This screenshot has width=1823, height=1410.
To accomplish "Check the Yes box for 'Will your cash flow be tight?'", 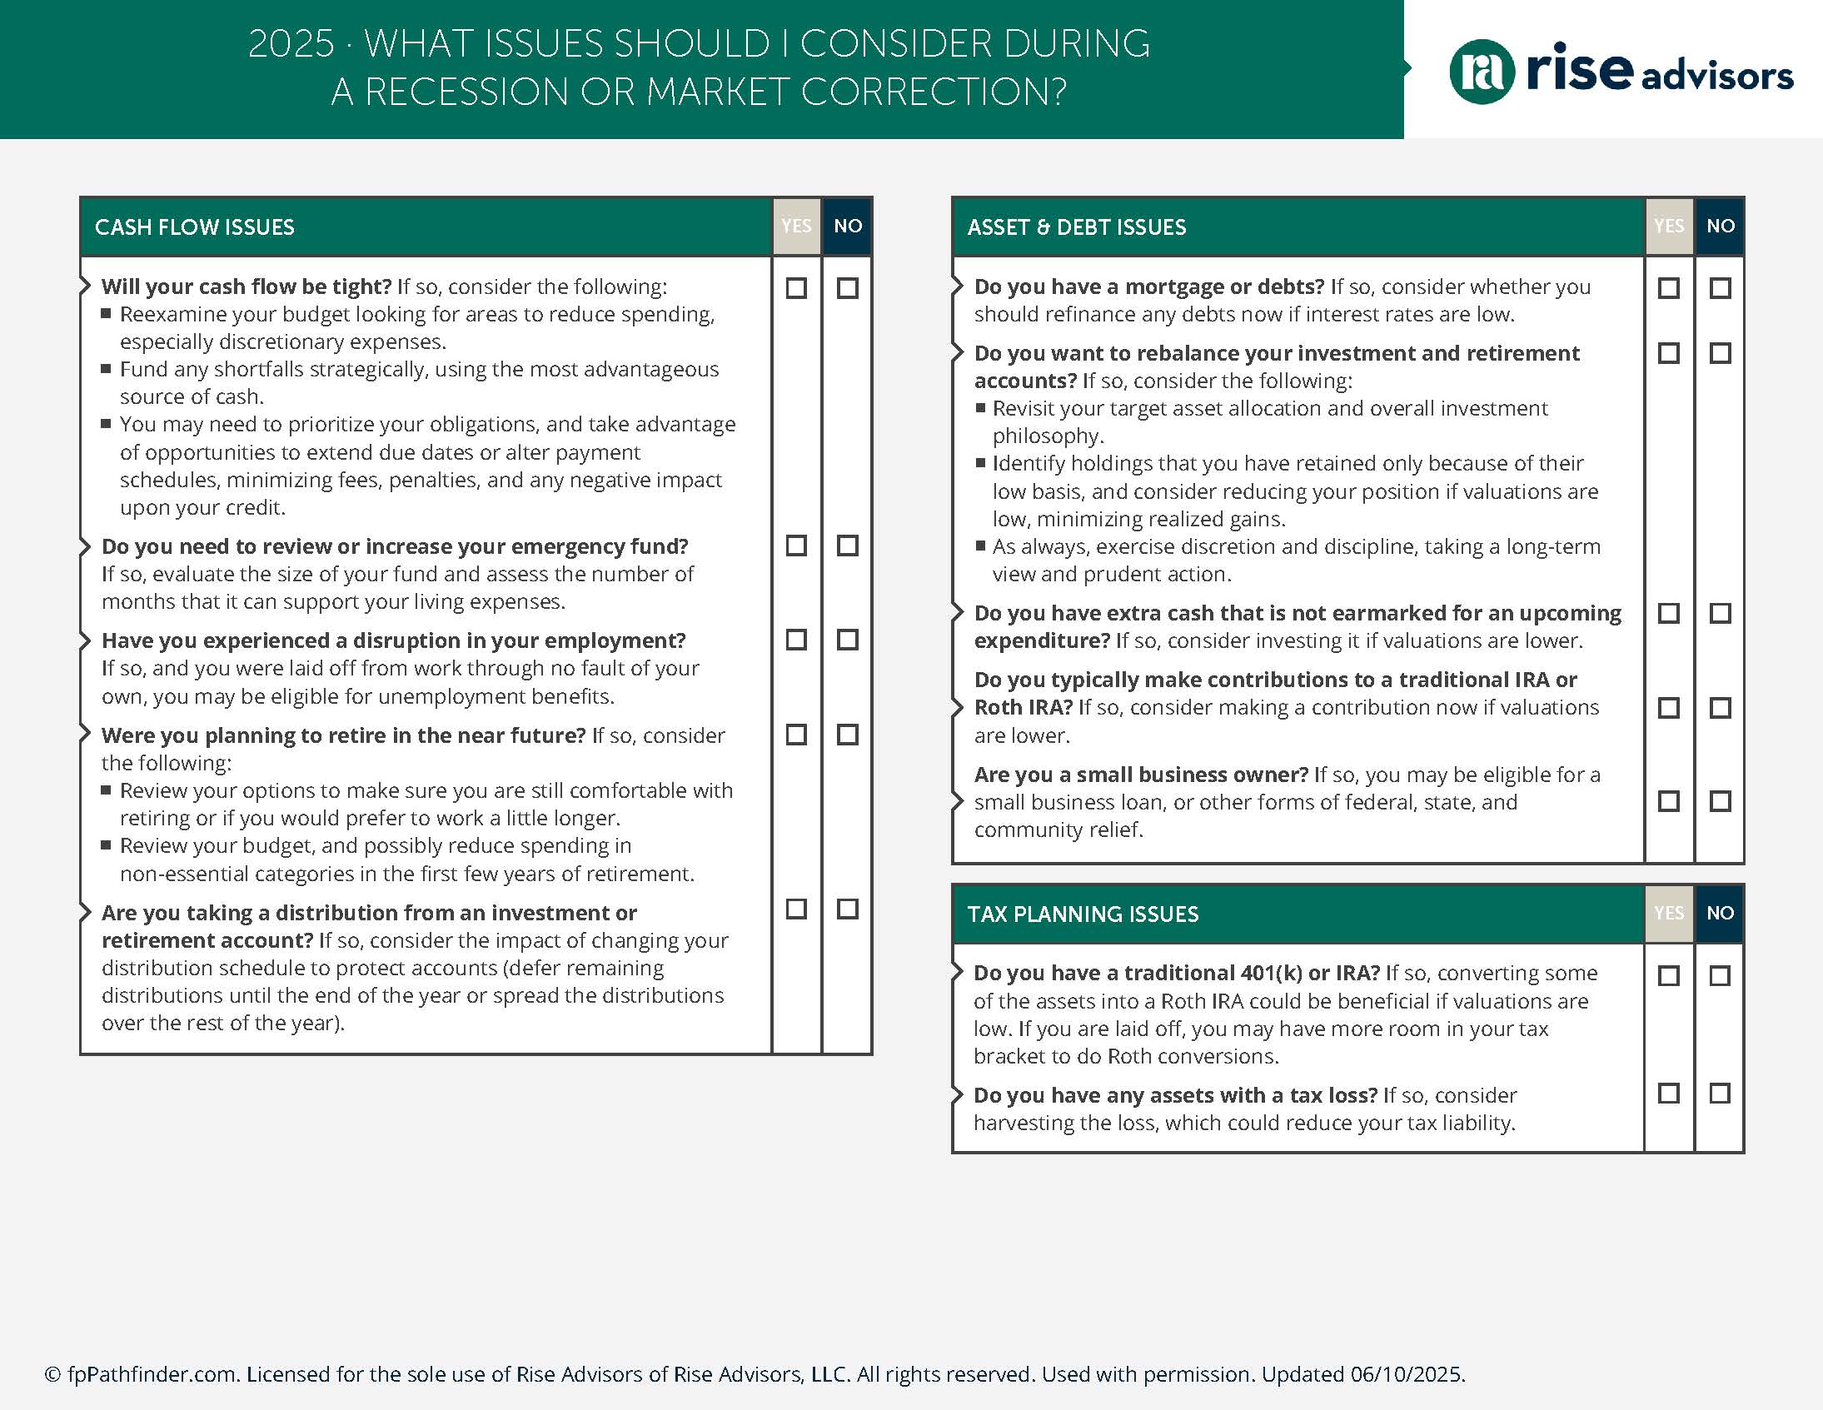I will coord(796,288).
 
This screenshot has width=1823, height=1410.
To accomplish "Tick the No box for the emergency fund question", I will coord(847,546).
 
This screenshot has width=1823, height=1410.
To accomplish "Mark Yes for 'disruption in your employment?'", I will coord(796,640).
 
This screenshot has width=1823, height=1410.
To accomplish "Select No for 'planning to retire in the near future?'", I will coord(847,735).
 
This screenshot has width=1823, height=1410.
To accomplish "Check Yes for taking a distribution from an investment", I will coord(796,909).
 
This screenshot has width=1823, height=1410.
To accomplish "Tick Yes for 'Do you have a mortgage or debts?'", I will coord(1669,288).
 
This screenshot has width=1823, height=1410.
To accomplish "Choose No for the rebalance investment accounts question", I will coord(1720,353).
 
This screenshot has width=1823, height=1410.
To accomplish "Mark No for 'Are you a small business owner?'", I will coord(1720,801).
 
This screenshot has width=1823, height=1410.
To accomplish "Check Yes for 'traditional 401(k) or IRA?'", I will coord(1669,975).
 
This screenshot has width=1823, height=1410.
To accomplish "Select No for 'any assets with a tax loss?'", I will coord(1720,1093).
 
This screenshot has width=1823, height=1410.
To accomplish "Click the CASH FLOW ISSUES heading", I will coord(195,227).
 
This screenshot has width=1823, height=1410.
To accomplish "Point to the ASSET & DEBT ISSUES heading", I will coord(1076,227).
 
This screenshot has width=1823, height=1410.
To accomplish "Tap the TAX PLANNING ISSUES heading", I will coord(1083,914).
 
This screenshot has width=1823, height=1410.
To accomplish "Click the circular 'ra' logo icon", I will coord(1482,72).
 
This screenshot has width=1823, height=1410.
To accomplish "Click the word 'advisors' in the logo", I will coord(1717,77).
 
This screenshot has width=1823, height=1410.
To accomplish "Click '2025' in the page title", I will coord(291,43).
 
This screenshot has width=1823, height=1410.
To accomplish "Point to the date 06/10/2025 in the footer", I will coord(1407,1374).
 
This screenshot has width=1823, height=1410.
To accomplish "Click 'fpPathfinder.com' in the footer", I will coord(152,1374).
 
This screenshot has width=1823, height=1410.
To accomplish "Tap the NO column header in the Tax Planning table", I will coord(1720,913).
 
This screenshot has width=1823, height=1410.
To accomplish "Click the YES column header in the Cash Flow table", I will coord(796,227).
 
